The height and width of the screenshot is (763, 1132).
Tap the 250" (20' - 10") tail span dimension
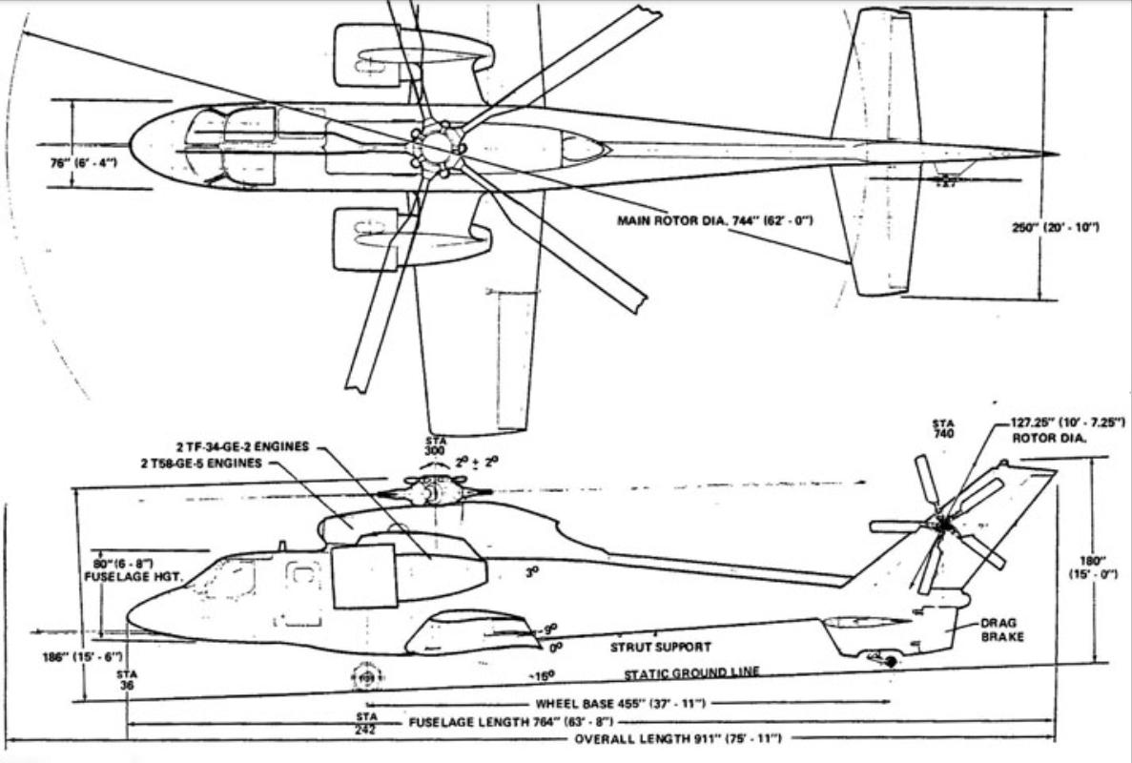click(x=1055, y=227)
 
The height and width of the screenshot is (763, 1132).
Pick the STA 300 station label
click(x=436, y=445)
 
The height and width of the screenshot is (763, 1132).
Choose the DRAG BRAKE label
click(x=1001, y=629)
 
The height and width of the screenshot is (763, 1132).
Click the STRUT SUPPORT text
click(x=660, y=647)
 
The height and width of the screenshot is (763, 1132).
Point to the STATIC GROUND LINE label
click(x=691, y=672)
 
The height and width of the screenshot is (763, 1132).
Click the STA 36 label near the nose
click(x=127, y=679)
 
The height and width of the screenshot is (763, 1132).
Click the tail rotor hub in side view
click(x=942, y=524)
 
